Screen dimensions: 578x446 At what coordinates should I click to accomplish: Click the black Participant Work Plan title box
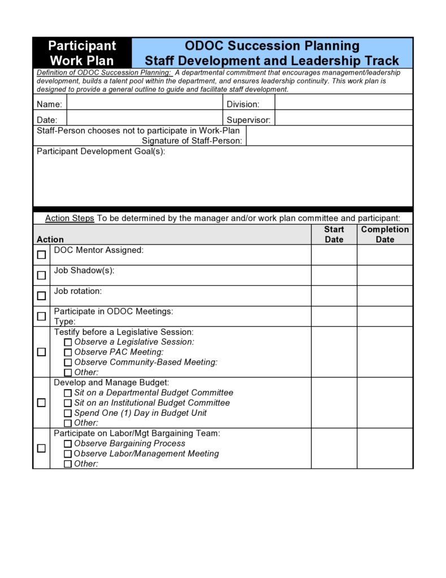(x=82, y=53)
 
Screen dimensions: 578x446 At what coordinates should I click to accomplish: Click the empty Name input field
(x=145, y=104)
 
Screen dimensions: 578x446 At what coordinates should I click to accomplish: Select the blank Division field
(x=343, y=104)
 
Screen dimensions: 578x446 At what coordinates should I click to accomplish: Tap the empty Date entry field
(x=145, y=119)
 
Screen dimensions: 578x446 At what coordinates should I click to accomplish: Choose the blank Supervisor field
(x=343, y=119)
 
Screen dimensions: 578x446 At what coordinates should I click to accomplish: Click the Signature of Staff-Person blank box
(x=329, y=136)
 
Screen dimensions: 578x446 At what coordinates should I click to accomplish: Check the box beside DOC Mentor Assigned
(x=42, y=255)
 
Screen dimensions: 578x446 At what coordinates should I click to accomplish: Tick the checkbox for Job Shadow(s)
(x=42, y=275)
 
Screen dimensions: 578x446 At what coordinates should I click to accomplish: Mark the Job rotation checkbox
(x=42, y=296)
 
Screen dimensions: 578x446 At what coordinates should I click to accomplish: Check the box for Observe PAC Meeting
(x=68, y=352)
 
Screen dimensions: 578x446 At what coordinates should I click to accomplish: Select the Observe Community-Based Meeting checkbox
(x=68, y=363)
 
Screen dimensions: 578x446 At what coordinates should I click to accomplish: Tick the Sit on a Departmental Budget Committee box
(x=68, y=393)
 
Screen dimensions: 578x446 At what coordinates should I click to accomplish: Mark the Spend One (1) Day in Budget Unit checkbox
(x=68, y=413)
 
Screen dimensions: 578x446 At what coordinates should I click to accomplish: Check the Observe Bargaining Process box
(x=68, y=444)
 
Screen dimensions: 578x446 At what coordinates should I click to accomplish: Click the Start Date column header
(x=334, y=234)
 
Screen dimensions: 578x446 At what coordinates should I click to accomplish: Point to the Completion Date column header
(x=384, y=234)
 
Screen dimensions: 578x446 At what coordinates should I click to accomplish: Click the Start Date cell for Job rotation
(x=334, y=296)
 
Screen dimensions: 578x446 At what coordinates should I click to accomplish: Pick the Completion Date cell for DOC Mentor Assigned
(x=384, y=255)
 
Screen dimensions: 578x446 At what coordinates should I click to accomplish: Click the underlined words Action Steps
(x=69, y=218)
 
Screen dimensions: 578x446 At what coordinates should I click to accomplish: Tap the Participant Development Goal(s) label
(x=101, y=152)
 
